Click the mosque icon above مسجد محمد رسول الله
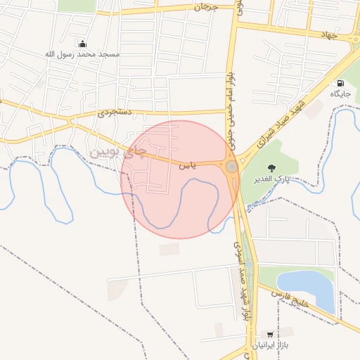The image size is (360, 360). (x=82, y=44)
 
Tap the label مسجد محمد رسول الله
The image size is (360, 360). (x=83, y=54)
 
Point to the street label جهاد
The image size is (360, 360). (x=329, y=34)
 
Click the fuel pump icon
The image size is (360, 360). (x=341, y=82)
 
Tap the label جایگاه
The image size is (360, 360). (x=341, y=93)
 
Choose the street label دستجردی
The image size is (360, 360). (x=115, y=112)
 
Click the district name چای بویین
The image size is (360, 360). (x=117, y=150)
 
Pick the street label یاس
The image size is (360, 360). (x=185, y=166)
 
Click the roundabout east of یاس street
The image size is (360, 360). (x=231, y=167)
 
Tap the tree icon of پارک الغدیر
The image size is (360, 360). (x=271, y=167)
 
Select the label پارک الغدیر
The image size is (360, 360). (x=271, y=179)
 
